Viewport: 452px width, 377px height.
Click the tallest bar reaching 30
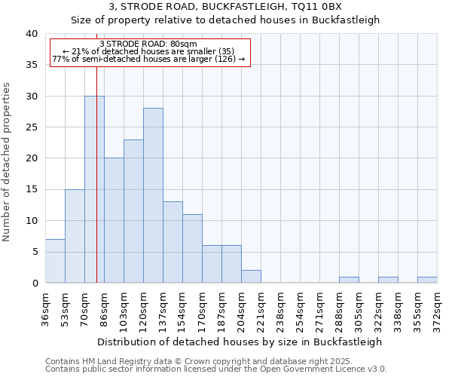[x=94, y=189]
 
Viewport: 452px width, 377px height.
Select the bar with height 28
[x=153, y=195]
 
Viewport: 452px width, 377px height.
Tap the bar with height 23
[x=133, y=211]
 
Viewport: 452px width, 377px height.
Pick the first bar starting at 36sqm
[x=55, y=261]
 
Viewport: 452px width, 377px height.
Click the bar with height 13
[x=173, y=242]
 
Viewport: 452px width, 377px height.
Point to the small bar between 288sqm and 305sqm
[x=349, y=280]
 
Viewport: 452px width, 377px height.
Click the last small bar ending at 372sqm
[x=427, y=280]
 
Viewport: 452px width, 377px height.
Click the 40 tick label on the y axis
[x=32, y=34]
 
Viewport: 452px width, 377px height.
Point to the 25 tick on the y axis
[x=32, y=127]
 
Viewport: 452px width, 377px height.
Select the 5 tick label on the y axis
[x=34, y=252]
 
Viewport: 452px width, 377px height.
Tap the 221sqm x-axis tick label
[x=261, y=308]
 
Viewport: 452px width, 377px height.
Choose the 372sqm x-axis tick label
[x=437, y=308]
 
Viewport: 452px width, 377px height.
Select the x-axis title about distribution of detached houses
[x=240, y=342]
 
